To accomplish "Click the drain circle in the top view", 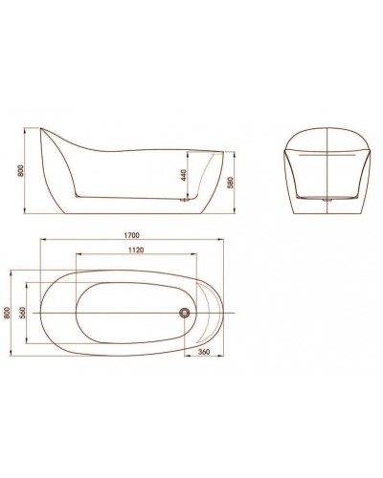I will tap(186, 313).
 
